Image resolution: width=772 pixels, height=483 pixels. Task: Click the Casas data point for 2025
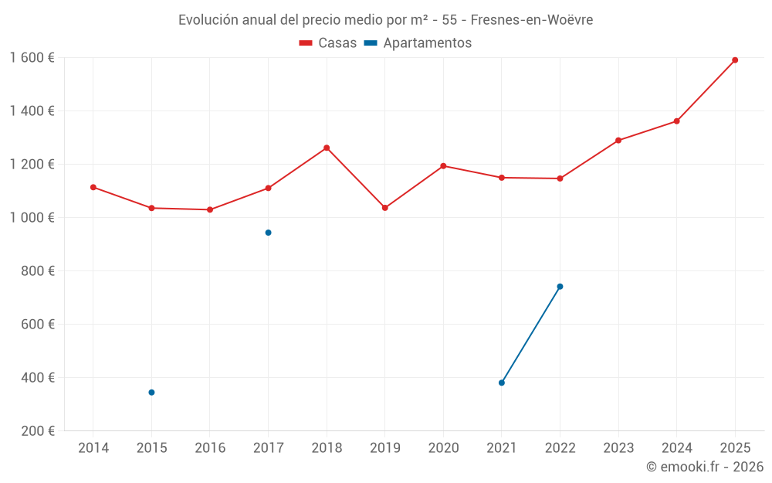pos(735,60)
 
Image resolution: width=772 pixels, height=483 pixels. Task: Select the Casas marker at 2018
pos(327,148)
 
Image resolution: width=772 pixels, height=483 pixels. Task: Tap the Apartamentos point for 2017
pos(268,233)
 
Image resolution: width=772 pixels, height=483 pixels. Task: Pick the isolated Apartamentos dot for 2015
pos(151,393)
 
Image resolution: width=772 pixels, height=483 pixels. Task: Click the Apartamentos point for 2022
pos(560,287)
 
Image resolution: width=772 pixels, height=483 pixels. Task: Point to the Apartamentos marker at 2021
pos(502,383)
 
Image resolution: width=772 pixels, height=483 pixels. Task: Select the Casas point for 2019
pos(385,208)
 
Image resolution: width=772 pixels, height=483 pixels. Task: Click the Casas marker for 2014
pos(93,187)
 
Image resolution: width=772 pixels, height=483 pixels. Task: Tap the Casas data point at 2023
pos(618,141)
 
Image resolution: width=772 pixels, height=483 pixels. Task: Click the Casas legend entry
pos(328,43)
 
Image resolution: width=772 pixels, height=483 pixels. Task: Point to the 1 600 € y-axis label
pos(32,58)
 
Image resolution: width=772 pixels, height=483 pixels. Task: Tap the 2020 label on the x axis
pos(443,448)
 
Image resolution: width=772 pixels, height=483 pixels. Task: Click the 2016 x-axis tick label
pos(210,448)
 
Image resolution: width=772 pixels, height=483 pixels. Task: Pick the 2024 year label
pos(676,448)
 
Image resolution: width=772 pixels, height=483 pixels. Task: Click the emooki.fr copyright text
pos(705,467)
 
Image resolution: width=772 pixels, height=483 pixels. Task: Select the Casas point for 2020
pos(443,166)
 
